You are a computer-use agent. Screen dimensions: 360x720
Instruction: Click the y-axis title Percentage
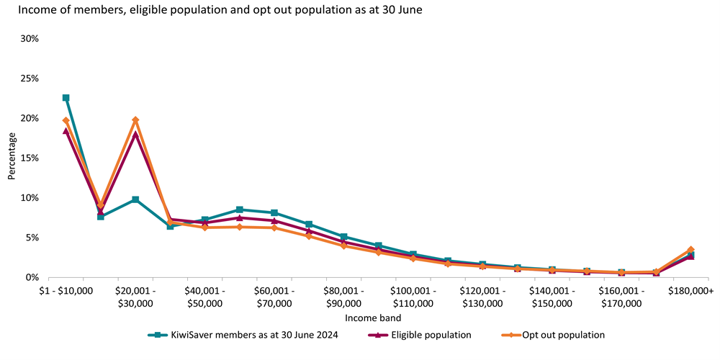[12, 158]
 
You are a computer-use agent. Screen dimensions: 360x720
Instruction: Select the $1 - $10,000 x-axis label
[66, 291]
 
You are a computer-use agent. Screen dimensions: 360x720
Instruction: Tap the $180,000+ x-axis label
[690, 291]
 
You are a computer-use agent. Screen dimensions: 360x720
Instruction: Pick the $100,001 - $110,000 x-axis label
[413, 297]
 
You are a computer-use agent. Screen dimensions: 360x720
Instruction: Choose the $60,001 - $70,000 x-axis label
[274, 297]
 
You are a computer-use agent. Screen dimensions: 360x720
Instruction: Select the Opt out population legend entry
[562, 335]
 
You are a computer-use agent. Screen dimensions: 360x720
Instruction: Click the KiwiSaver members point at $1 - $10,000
[66, 98]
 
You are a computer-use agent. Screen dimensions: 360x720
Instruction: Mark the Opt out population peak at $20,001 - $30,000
[135, 120]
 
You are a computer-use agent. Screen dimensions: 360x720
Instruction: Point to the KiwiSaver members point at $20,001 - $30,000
[135, 199]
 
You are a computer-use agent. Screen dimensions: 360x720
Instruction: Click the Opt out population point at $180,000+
[690, 249]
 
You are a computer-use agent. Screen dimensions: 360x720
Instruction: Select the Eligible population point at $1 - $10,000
[66, 131]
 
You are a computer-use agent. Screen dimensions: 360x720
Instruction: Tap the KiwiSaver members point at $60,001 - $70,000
[274, 213]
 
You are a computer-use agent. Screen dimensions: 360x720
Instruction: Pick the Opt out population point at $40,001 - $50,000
[204, 228]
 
